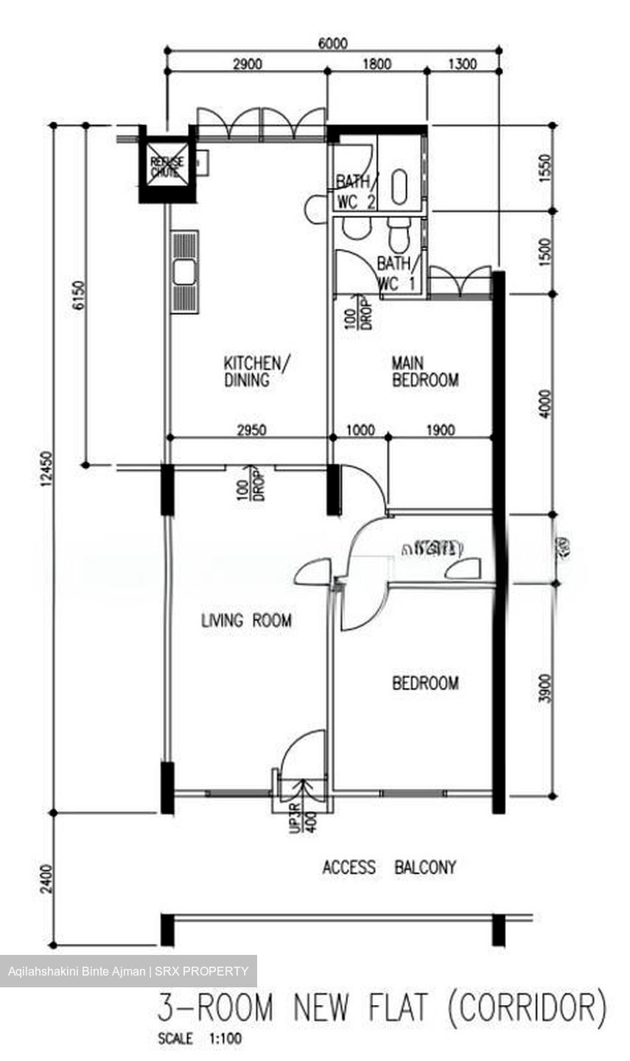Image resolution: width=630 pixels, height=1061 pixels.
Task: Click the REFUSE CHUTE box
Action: click(x=165, y=167)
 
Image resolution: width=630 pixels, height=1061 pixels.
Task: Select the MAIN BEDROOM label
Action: click(x=424, y=371)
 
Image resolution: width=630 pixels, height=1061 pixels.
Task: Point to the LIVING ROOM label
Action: click(x=246, y=620)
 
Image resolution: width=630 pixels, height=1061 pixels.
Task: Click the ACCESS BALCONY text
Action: click(x=389, y=867)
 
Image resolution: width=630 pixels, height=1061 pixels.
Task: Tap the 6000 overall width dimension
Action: click(x=332, y=43)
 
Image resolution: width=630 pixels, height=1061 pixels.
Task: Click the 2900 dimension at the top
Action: click(x=247, y=64)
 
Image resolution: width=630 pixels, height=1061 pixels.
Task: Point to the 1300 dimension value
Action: click(x=462, y=64)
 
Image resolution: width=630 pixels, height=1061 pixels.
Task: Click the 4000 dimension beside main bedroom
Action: click(x=545, y=403)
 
